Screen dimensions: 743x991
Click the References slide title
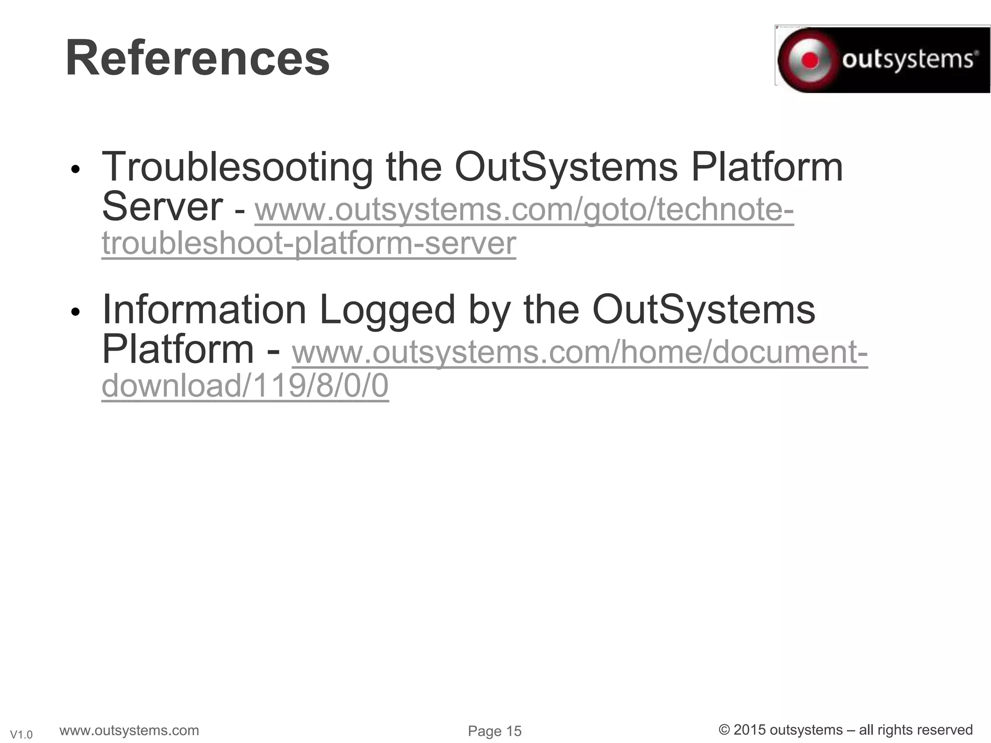pos(197,59)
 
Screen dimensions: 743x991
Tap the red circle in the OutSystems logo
pos(810,60)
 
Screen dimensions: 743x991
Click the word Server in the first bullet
pos(162,207)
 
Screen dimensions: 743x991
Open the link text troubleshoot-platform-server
pos(309,243)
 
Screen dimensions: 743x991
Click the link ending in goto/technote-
pos(524,210)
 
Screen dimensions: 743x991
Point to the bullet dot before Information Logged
pos(75,312)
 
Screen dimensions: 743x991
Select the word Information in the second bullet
pos(204,310)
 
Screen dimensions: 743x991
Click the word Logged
pos(387,310)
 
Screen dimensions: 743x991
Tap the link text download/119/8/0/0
pos(245,386)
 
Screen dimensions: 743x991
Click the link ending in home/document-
pos(580,352)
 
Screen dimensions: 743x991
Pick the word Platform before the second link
pos(178,349)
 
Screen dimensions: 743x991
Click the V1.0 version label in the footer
pos(21,735)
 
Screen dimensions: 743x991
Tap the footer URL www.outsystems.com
pos(129,730)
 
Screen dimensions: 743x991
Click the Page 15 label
pos(495,731)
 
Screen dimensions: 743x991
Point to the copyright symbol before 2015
pos(724,730)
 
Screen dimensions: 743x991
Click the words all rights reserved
pos(916,730)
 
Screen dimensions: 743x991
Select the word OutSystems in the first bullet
pos(566,167)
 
